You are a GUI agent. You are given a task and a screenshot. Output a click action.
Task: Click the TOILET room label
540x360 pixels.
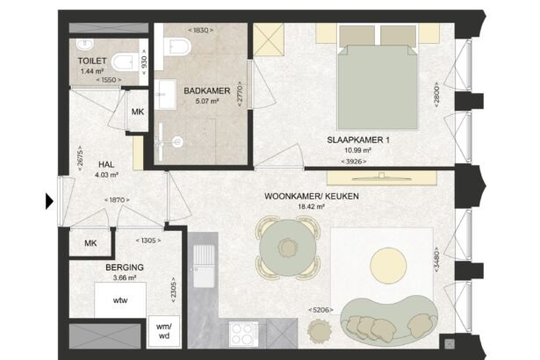point(92,61)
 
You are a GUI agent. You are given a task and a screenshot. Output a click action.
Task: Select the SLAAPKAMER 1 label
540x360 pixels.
point(358,140)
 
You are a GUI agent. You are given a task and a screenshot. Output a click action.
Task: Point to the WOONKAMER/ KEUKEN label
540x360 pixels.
point(312,197)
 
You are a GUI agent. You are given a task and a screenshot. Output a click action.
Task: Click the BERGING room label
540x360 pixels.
point(125,267)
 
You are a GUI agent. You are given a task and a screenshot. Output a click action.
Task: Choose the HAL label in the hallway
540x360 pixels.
point(106,165)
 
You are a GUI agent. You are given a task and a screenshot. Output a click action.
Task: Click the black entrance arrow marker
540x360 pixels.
point(49,201)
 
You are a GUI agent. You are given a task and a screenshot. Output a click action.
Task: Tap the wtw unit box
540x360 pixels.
point(120,300)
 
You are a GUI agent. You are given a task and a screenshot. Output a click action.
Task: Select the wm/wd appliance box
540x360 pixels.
point(164,331)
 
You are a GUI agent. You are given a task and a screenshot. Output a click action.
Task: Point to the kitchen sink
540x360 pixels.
point(204,266)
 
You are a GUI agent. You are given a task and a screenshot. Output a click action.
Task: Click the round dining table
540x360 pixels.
point(288,248)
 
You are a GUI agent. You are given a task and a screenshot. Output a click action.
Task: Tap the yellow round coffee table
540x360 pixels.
point(388,265)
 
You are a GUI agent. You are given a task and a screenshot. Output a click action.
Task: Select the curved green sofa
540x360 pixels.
point(389,320)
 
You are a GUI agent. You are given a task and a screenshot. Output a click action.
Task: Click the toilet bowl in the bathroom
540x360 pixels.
point(177,47)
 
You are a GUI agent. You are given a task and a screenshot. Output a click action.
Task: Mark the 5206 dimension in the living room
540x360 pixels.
point(321,310)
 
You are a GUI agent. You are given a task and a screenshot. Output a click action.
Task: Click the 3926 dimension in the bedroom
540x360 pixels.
point(354,162)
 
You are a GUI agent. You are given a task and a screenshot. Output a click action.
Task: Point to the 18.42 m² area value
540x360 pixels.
point(312,206)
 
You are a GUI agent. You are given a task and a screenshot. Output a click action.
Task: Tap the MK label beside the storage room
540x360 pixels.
point(90,243)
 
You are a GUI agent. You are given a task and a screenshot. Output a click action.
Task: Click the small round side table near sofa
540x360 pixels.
point(320,331)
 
